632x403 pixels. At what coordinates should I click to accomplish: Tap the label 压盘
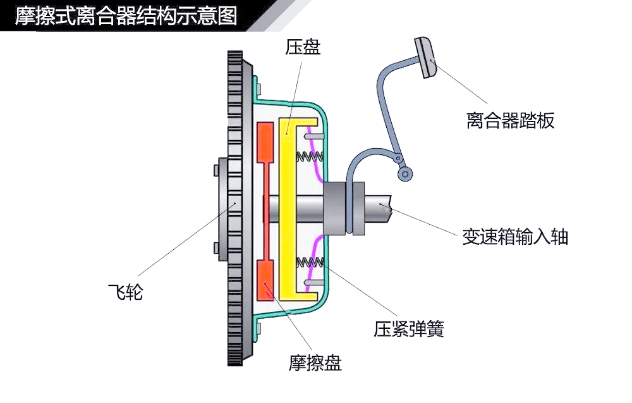[x=303, y=47]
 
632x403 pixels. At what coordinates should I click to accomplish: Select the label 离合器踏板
[x=510, y=120]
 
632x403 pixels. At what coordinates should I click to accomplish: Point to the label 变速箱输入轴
[x=514, y=237]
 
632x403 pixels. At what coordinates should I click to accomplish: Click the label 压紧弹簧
[x=409, y=329]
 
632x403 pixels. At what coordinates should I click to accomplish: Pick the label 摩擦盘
[x=315, y=363]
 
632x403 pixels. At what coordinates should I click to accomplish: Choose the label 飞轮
[x=125, y=292]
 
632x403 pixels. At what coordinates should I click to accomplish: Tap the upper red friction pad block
[x=265, y=143]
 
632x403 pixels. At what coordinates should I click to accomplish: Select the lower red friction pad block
[x=265, y=280]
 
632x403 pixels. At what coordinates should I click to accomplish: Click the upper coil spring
[x=310, y=156]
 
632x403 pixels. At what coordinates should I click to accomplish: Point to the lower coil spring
[x=310, y=263]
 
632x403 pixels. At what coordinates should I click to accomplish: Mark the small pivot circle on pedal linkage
[x=404, y=175]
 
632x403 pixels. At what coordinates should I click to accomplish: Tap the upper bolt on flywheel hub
[x=216, y=170]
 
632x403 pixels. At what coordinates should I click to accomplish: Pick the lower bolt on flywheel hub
[x=216, y=248]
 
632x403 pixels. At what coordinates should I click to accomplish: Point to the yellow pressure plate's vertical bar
[x=287, y=209]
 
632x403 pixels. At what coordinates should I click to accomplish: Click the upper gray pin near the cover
[x=314, y=137]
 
